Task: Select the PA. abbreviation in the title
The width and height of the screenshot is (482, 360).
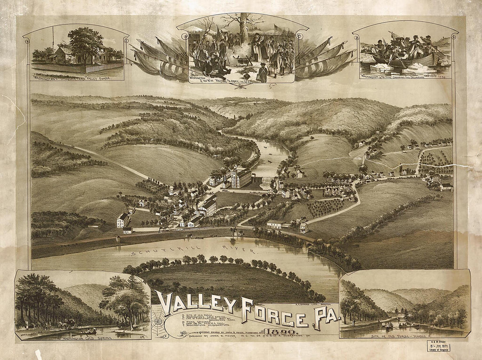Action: pos(325,319)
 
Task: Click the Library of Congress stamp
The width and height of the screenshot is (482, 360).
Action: pos(438,346)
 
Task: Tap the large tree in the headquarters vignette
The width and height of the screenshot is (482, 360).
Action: pos(85,42)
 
